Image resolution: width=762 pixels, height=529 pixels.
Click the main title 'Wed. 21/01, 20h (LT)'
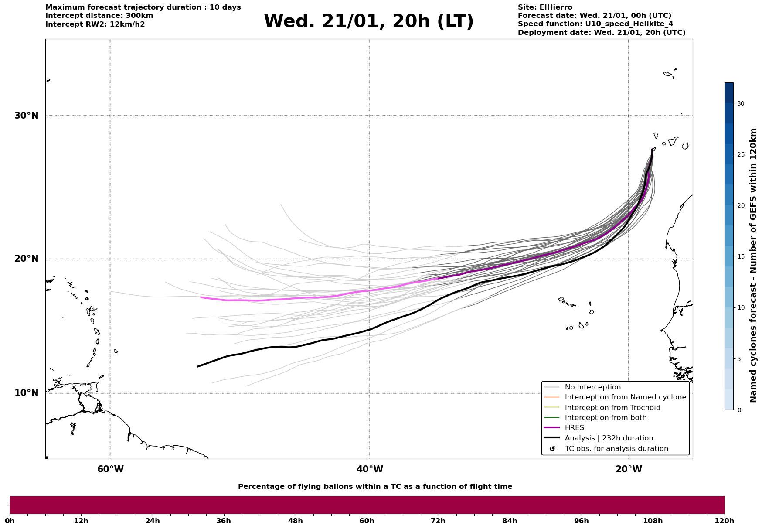tap(368, 21)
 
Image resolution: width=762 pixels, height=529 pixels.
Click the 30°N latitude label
tap(26, 116)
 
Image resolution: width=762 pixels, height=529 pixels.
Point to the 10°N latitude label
tap(26, 393)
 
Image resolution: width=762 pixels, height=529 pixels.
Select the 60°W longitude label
tap(110, 469)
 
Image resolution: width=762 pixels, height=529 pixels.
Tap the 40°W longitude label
tap(370, 469)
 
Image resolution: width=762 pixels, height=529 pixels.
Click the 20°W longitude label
tap(629, 469)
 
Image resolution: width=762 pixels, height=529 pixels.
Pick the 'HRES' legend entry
tap(574, 428)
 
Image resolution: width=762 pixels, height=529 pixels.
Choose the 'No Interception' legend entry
tap(592, 387)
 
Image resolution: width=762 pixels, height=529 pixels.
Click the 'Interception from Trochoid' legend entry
tap(612, 408)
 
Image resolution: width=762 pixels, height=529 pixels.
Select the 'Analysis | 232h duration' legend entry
tap(609, 438)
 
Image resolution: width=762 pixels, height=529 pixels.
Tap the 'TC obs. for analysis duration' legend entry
tap(616, 449)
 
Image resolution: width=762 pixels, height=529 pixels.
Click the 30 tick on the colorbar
tap(740, 103)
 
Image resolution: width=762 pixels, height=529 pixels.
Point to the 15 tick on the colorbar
tap(740, 256)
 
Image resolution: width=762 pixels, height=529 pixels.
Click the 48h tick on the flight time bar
tap(295, 521)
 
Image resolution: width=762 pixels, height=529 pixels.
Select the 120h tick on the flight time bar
tap(724, 521)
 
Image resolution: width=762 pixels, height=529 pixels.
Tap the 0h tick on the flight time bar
tap(10, 521)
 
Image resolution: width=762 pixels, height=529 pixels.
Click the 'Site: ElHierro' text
tap(545, 7)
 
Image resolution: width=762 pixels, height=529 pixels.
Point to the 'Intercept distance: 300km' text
tap(99, 16)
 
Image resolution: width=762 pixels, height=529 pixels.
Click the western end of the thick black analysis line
tap(198, 366)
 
